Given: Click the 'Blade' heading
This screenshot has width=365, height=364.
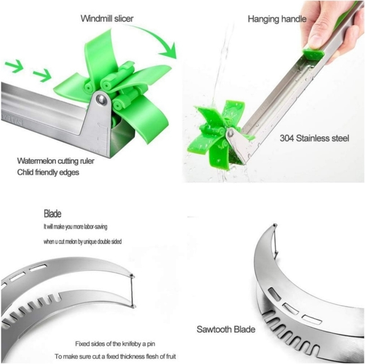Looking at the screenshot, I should coord(53,214).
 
